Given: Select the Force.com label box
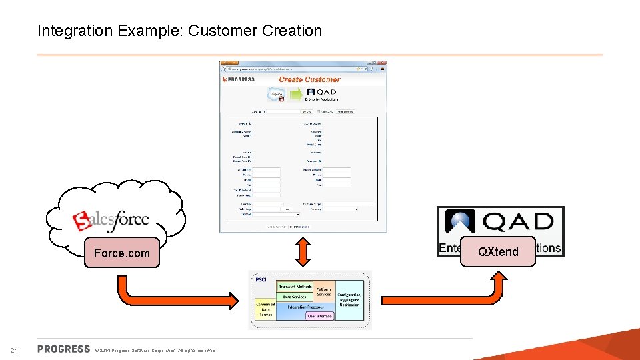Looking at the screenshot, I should [x=122, y=253].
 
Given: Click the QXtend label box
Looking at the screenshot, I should [x=498, y=251].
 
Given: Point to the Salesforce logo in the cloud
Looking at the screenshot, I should [x=111, y=219].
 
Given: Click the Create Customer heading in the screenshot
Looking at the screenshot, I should [x=309, y=79].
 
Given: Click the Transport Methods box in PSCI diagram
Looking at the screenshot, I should [x=294, y=286].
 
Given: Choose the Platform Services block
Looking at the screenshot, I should [x=324, y=291].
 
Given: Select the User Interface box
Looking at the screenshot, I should [x=320, y=316].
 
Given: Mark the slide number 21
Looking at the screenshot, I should [x=14, y=351].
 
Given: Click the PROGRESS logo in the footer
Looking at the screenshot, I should [x=64, y=349].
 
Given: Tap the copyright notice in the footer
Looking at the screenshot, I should [x=155, y=351].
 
